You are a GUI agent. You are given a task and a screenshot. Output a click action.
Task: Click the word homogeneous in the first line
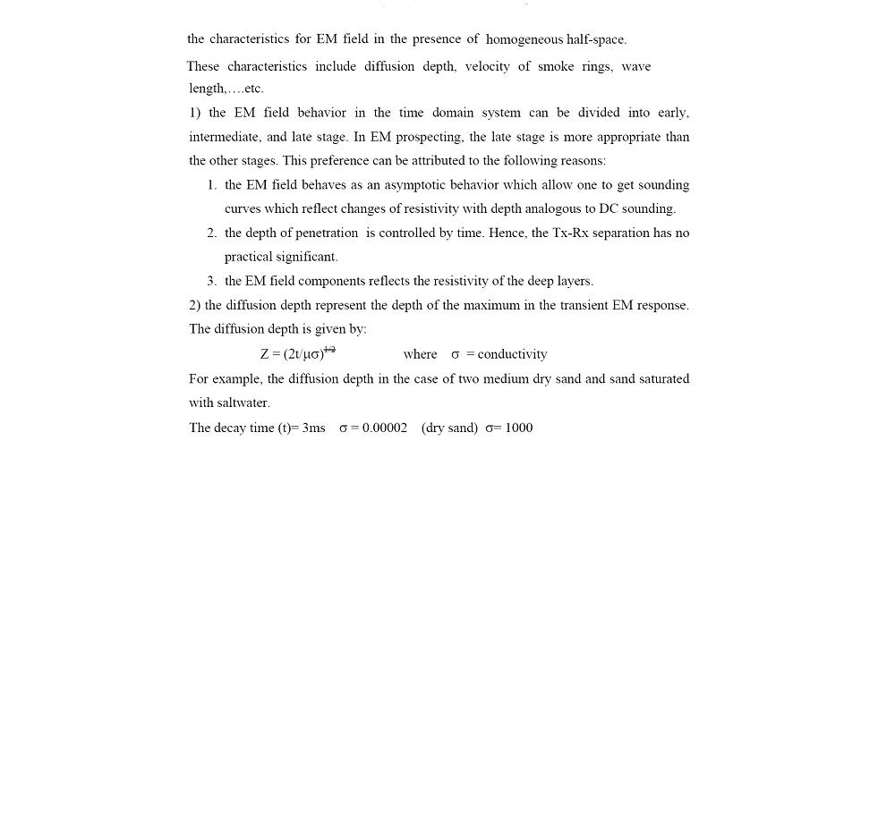(x=524, y=39)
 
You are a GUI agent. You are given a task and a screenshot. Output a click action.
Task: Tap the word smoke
(x=556, y=66)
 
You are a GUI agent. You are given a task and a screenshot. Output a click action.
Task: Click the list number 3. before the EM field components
(x=211, y=281)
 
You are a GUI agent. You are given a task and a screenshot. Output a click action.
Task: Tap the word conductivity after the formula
(x=512, y=354)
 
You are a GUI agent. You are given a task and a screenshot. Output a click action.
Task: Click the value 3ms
(x=313, y=428)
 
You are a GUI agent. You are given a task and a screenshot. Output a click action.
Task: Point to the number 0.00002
(x=385, y=428)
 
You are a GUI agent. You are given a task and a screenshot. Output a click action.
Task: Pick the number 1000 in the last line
(x=519, y=428)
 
